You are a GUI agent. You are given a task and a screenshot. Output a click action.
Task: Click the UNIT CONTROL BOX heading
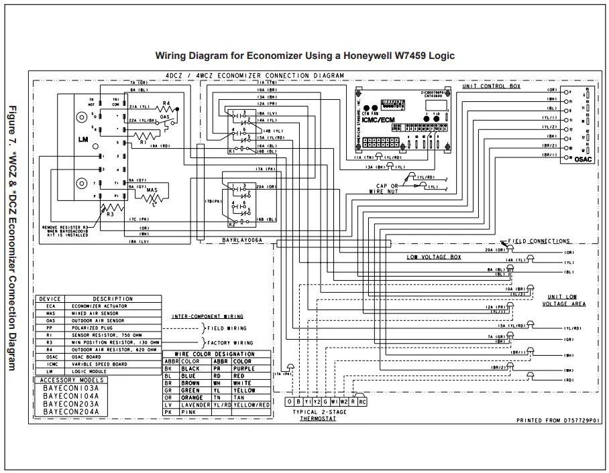[x=491, y=87]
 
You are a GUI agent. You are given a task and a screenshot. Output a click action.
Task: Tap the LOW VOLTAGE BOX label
[x=433, y=257]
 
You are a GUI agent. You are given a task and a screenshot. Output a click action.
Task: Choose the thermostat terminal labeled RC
[x=363, y=401]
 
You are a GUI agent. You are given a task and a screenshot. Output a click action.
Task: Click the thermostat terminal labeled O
[x=289, y=401]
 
